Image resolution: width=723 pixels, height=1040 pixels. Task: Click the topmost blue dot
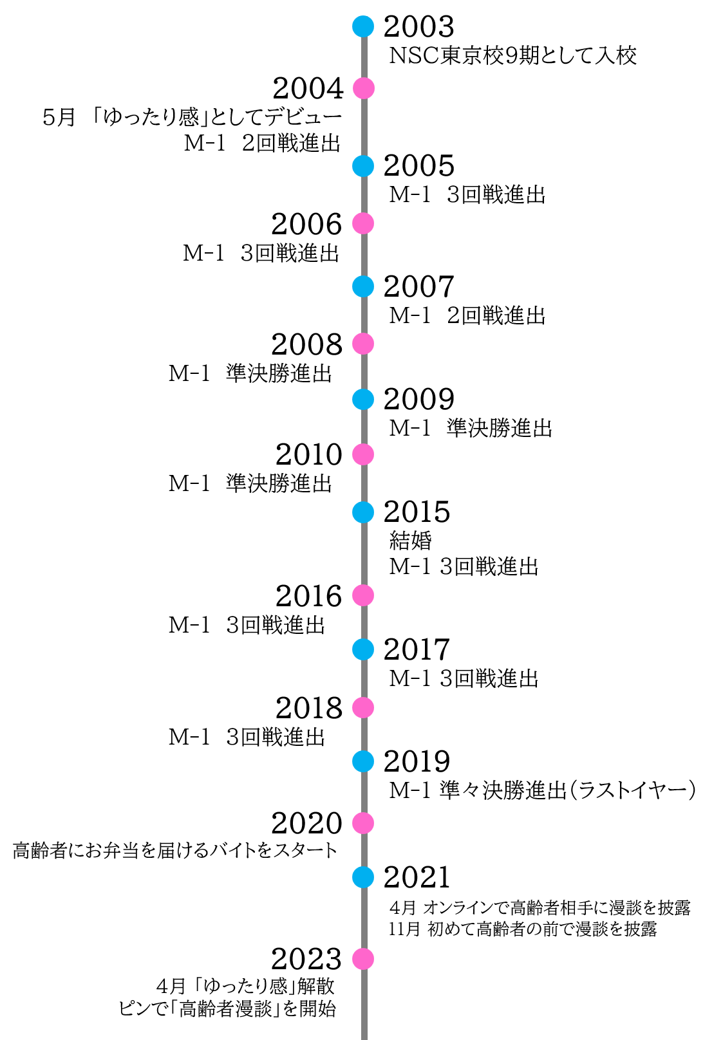click(363, 26)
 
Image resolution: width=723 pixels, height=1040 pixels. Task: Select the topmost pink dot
click(364, 88)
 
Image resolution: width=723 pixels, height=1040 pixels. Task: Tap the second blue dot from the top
click(363, 166)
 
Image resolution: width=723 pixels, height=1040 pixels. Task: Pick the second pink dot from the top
click(363, 223)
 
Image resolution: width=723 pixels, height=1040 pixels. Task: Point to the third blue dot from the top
click(363, 286)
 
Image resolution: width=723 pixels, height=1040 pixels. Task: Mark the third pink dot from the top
click(363, 344)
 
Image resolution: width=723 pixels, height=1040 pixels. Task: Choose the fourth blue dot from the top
click(363, 400)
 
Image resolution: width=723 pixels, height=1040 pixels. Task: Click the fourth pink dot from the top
click(363, 454)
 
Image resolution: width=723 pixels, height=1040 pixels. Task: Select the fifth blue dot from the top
click(363, 512)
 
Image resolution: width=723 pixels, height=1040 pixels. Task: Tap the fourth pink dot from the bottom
click(363, 595)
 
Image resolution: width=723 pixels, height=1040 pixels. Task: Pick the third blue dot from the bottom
click(363, 649)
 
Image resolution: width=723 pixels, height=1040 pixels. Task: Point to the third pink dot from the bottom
click(363, 708)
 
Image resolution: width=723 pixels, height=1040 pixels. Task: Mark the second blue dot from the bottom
click(363, 761)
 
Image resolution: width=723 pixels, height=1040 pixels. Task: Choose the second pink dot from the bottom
click(363, 823)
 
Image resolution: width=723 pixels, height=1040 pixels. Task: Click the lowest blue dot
click(363, 877)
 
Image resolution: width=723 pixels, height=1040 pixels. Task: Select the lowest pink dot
click(363, 959)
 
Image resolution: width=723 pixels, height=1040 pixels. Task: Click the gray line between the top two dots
click(364, 57)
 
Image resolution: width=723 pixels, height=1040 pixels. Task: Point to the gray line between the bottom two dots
click(364, 918)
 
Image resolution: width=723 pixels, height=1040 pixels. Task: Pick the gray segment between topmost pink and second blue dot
click(364, 127)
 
